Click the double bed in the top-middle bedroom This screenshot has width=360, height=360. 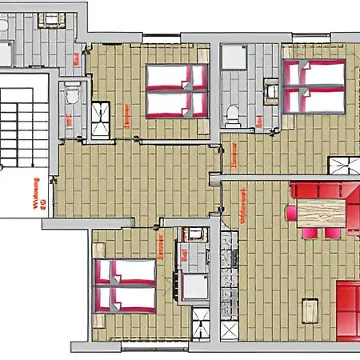coord(176,90)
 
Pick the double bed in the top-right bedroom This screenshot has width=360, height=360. coord(314,85)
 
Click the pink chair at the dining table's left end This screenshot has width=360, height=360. coord(290,213)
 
